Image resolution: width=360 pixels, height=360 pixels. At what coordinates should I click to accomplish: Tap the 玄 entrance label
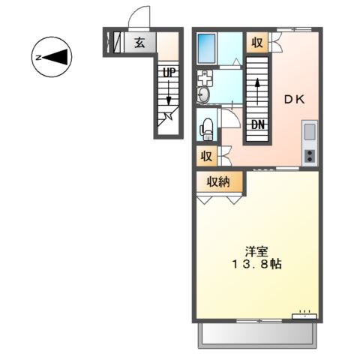139,42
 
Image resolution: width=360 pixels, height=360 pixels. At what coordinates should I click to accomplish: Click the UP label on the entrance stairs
169,73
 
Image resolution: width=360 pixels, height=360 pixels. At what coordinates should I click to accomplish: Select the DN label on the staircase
257,124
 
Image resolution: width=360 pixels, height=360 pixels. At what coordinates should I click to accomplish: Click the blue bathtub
207,49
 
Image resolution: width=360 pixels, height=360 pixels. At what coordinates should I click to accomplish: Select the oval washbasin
203,94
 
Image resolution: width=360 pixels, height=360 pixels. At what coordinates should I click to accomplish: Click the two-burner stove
310,155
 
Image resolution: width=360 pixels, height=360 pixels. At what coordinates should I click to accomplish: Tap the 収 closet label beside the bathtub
257,42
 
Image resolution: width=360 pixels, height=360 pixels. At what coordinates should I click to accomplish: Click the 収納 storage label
219,181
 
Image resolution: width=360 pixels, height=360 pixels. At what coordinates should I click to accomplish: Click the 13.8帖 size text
256,265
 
